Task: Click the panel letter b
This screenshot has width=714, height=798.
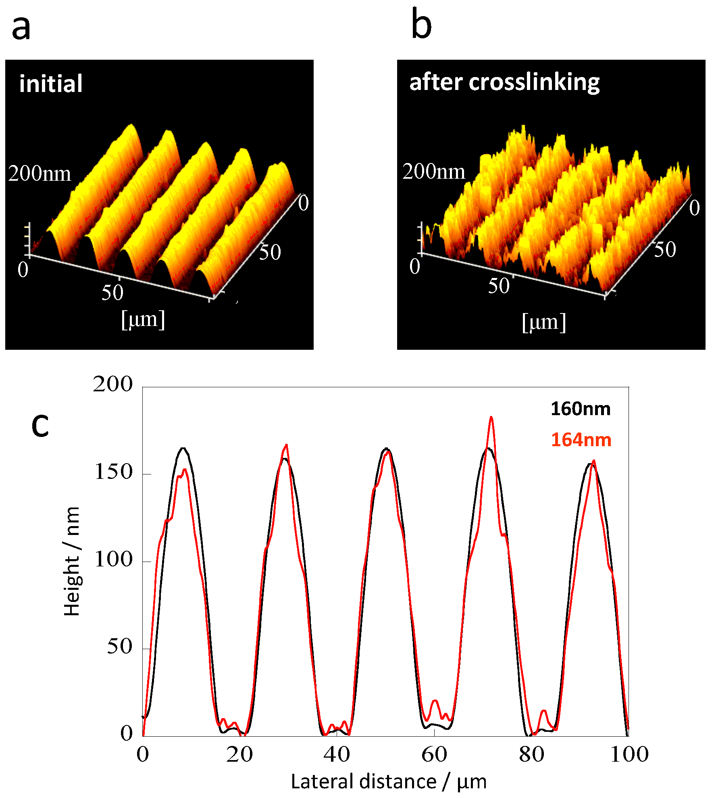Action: (421, 25)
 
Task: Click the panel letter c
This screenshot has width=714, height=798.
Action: (40, 426)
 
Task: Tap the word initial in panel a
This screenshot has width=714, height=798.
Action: (51, 84)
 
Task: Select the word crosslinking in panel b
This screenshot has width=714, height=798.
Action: (534, 83)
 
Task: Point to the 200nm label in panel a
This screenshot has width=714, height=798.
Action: (40, 174)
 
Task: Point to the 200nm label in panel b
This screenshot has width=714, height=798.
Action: (434, 171)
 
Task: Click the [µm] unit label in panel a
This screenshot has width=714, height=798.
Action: (143, 320)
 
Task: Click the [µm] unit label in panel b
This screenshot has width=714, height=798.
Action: (544, 323)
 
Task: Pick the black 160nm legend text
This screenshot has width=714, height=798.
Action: (581, 409)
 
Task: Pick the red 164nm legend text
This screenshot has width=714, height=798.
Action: (581, 440)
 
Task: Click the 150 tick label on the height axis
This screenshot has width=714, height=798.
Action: (113, 472)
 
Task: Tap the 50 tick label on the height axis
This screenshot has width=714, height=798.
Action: (119, 646)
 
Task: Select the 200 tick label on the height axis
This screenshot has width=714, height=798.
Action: (112, 384)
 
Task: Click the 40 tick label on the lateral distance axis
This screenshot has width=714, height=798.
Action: (337, 754)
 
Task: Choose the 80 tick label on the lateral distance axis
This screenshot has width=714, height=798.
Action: (531, 754)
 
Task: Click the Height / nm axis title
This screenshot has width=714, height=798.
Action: (72, 561)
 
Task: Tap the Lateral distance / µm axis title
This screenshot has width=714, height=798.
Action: (389, 781)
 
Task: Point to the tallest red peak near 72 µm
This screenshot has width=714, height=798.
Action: (491, 418)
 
